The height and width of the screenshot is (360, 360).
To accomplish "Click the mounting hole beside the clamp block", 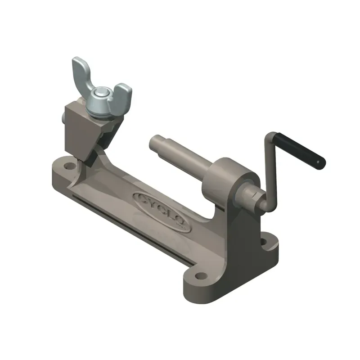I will [x=68, y=166].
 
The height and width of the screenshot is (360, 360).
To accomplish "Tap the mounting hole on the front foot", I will [x=197, y=273].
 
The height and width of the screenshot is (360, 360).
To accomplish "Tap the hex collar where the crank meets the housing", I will [x=254, y=197].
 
